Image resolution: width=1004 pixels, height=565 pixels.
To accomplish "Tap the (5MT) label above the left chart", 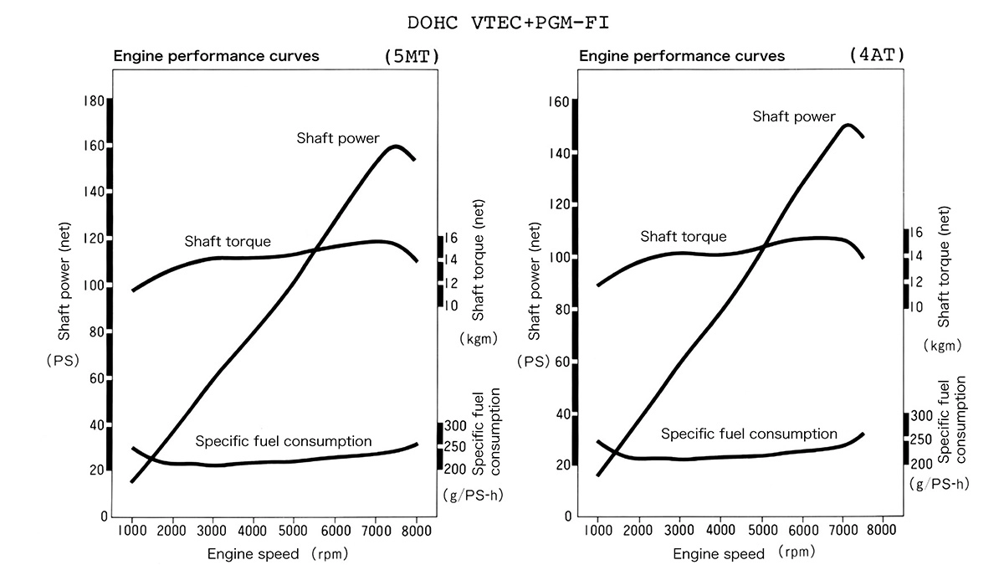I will [x=411, y=57].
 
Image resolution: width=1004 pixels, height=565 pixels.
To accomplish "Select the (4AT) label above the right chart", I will [x=878, y=55].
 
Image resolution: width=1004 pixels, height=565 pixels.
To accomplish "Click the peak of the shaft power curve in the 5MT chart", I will [x=396, y=146].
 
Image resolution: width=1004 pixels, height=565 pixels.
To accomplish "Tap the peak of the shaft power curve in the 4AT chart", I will [x=848, y=125].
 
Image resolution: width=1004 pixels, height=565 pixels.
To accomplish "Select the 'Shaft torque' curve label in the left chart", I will [x=228, y=241].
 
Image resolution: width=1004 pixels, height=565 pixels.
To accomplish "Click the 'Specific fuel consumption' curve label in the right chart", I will [x=749, y=434].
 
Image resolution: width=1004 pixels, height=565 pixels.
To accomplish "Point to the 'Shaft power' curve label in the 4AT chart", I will [x=793, y=116].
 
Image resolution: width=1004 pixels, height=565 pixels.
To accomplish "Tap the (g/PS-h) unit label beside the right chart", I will [x=939, y=484].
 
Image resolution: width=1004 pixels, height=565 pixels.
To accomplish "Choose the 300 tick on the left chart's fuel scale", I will [x=456, y=425].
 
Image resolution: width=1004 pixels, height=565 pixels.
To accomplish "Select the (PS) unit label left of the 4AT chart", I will [x=534, y=362].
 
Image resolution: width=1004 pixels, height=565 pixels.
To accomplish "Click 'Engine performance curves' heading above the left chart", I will [x=216, y=57].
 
